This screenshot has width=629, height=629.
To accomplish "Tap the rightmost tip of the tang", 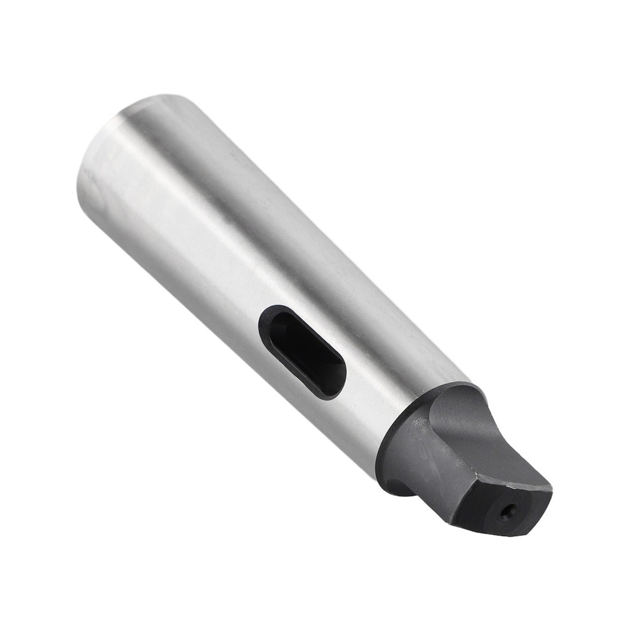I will click(x=551, y=490).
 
